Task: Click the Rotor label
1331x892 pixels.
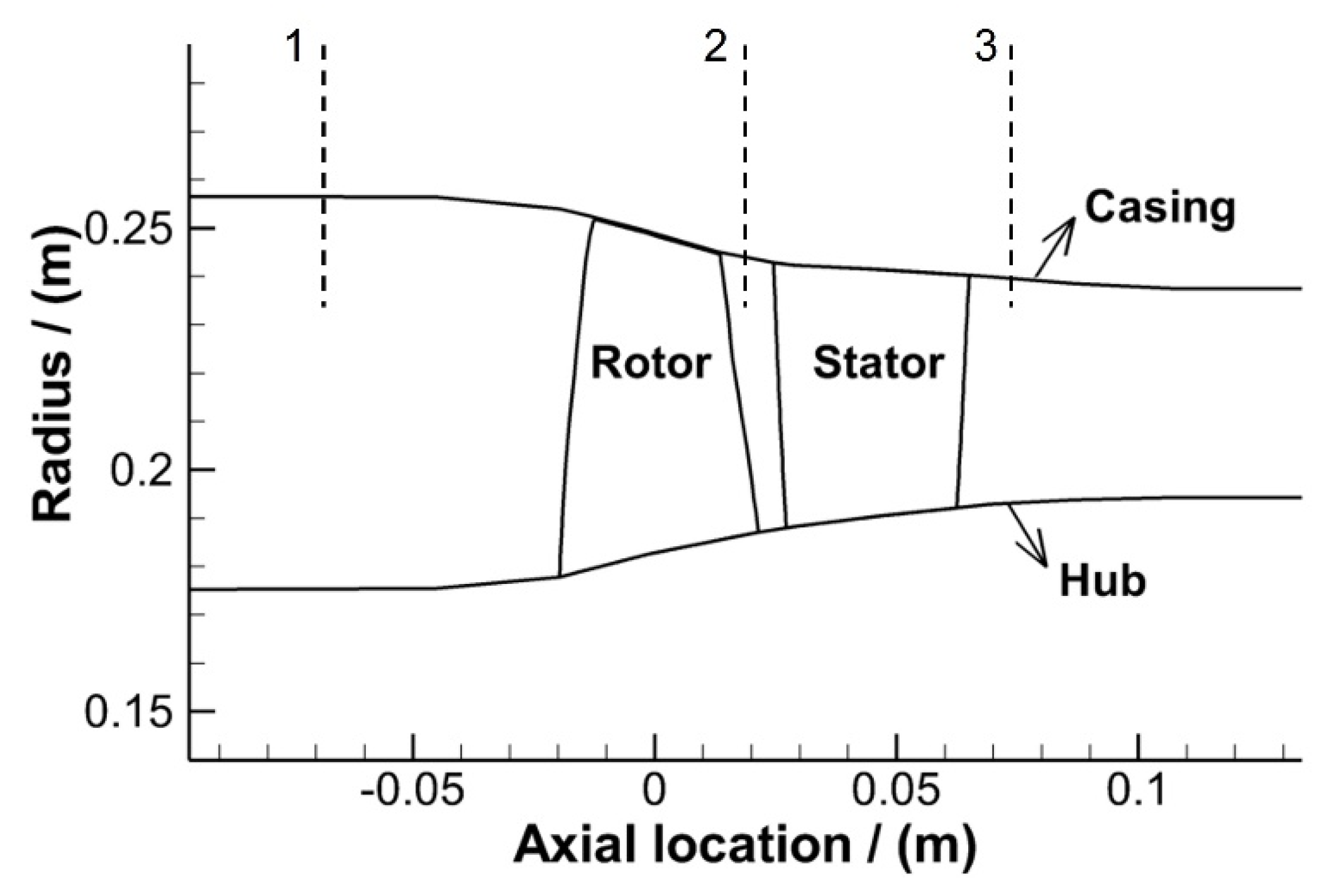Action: pos(650,363)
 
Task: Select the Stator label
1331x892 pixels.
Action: pos(878,363)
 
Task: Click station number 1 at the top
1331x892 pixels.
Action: pos(295,47)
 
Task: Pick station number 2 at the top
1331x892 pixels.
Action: pos(715,47)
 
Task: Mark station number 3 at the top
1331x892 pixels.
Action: pos(985,47)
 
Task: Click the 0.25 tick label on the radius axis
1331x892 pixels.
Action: pos(128,230)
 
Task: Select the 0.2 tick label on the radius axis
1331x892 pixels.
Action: pos(141,472)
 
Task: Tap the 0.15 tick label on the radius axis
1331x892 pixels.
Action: pos(128,714)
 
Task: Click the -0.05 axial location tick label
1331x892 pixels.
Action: pos(412,792)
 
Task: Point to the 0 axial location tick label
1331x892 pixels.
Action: pos(654,792)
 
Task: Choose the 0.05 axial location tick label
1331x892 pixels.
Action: pos(897,792)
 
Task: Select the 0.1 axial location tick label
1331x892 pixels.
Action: pos(1137,792)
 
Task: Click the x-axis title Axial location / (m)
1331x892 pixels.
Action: pos(745,845)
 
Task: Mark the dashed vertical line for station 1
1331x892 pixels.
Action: pos(323,176)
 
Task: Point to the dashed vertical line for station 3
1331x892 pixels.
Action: pos(1011,176)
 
